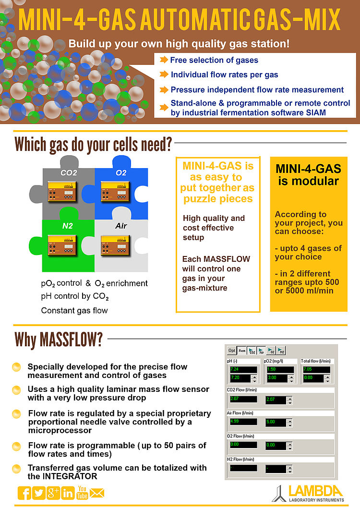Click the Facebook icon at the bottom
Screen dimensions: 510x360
point(24,493)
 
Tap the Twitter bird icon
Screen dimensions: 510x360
point(38,493)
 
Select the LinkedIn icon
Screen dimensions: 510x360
point(68,493)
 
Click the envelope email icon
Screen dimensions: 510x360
point(97,493)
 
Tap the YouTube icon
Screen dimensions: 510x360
point(82,493)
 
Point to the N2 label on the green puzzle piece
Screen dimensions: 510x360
point(68,225)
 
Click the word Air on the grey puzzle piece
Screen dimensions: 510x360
point(121,225)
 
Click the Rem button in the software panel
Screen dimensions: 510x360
point(242,351)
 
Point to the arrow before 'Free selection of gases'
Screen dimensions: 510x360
point(163,60)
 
